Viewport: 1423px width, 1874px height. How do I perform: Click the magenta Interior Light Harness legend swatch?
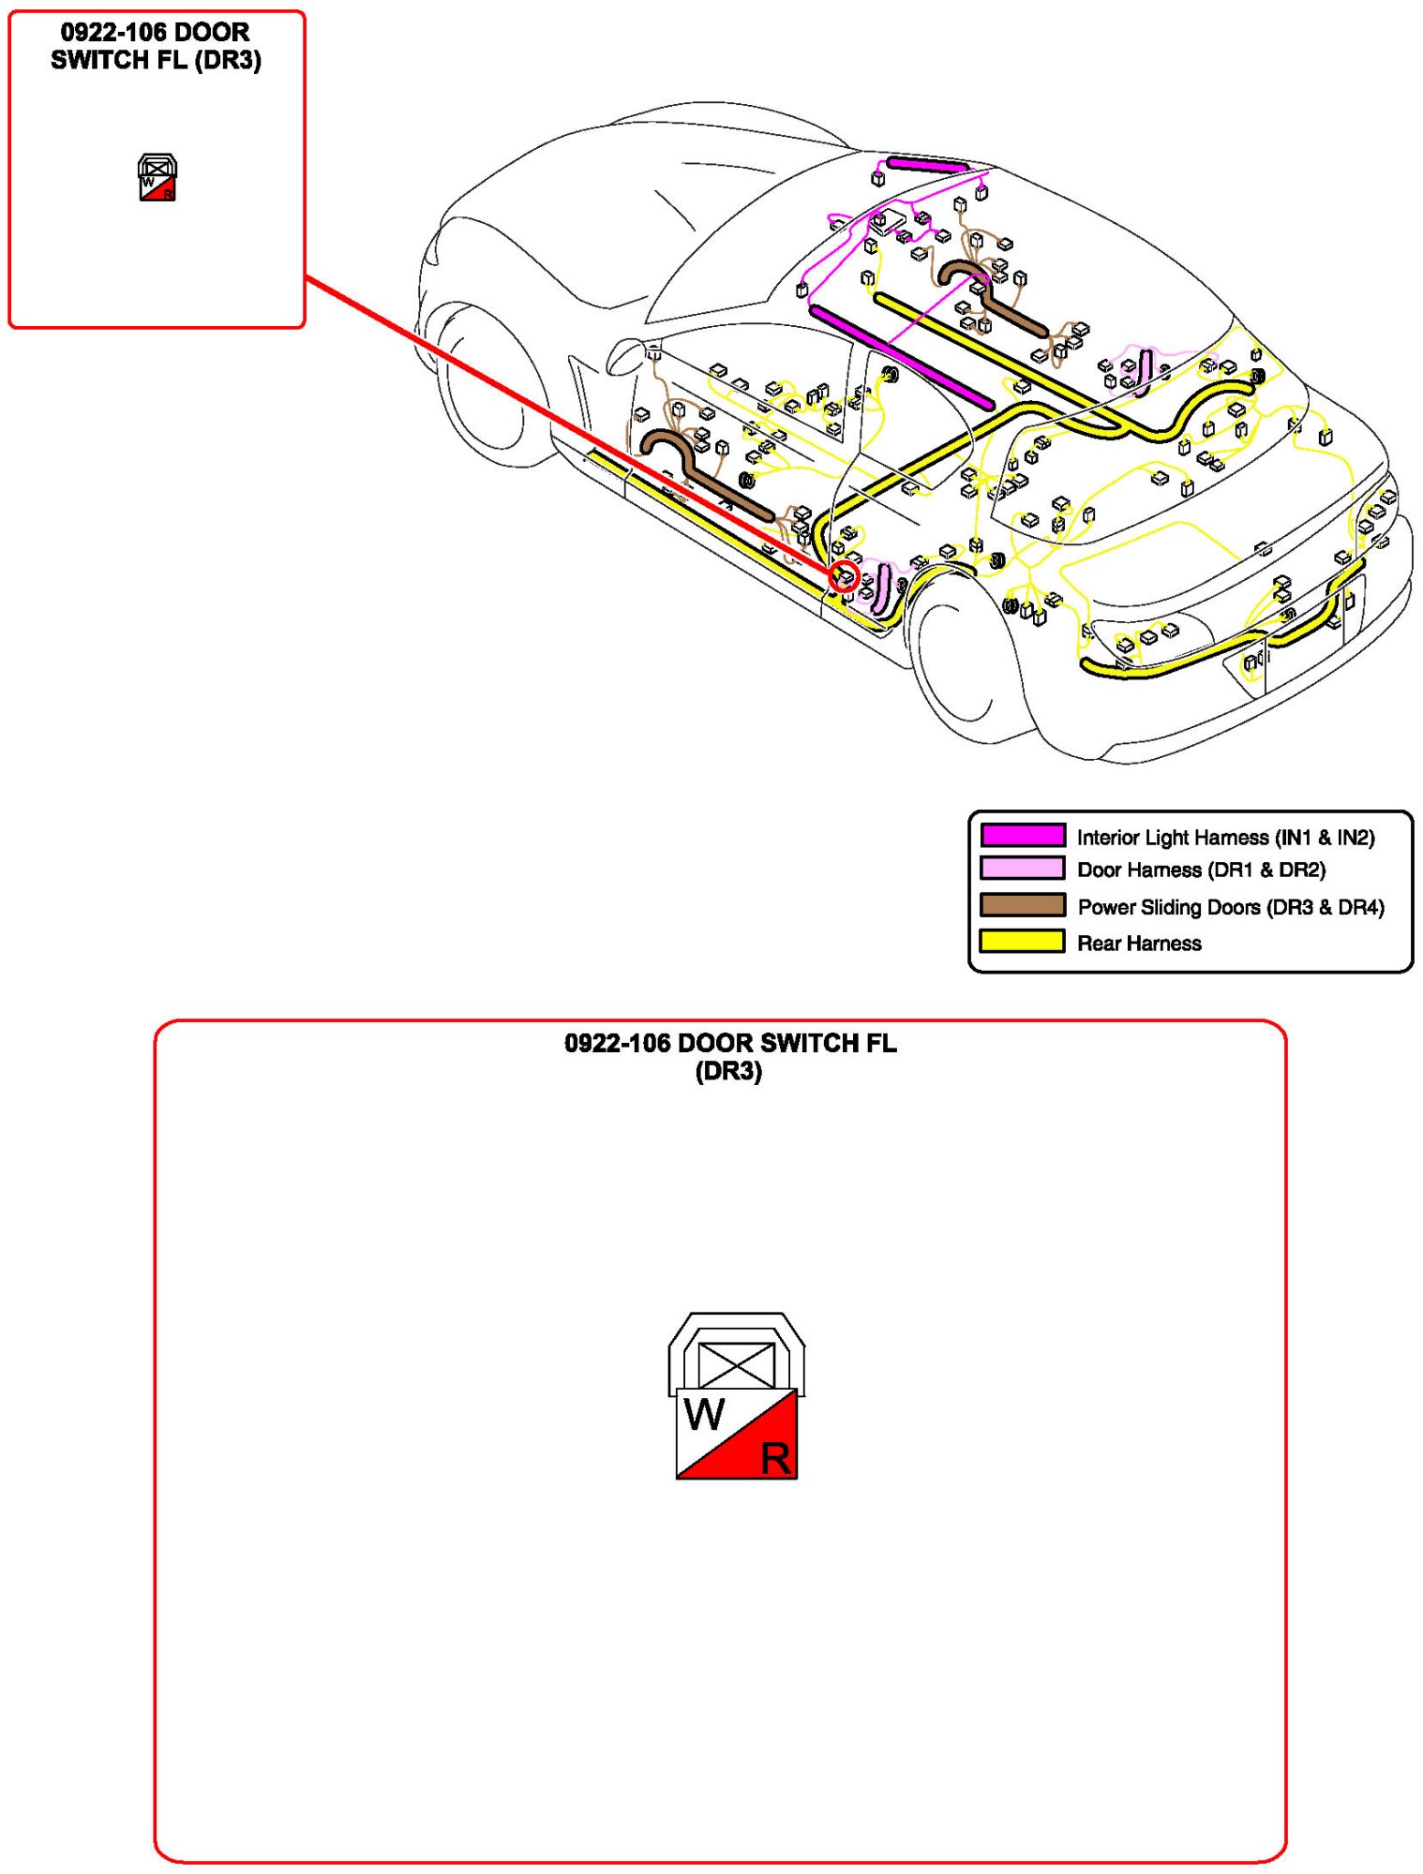tap(1022, 835)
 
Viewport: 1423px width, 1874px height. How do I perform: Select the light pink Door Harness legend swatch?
tap(1022, 869)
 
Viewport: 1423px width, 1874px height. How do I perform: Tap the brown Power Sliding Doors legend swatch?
tap(1022, 905)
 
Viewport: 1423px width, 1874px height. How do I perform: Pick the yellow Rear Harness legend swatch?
tap(1022, 941)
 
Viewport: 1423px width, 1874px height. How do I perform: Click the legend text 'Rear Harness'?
tap(1139, 944)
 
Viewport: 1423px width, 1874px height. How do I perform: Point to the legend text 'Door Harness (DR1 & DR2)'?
tap(1201, 870)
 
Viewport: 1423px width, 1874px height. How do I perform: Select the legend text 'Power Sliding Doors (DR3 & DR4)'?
tap(1230, 907)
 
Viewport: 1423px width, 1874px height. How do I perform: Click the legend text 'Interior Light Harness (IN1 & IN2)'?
tap(1225, 838)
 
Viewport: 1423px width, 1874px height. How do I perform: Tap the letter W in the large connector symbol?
tap(705, 1415)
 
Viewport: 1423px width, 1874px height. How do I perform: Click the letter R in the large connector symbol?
tap(775, 1459)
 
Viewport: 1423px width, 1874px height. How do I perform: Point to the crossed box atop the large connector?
tap(737, 1365)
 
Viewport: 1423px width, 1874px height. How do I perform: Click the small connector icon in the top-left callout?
tap(157, 177)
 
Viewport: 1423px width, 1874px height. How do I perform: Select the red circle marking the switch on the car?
tap(845, 577)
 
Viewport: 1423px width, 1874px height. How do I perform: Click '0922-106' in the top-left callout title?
tap(113, 33)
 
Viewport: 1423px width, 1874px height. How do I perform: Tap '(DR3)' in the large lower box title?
tap(728, 1072)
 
